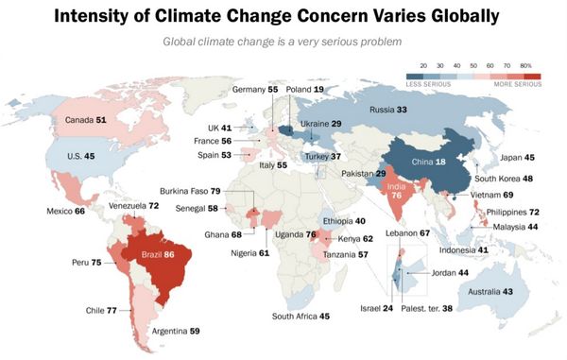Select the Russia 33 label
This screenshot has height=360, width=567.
387,110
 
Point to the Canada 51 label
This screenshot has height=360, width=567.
87,121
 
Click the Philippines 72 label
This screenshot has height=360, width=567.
520,213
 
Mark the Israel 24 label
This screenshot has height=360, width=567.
375,308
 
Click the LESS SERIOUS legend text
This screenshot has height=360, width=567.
426,84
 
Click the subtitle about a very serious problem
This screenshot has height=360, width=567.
283,42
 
